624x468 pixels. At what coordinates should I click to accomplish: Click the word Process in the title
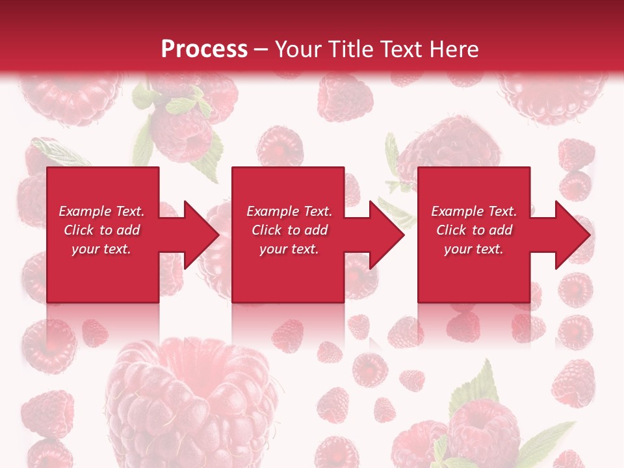pyautogui.click(x=204, y=49)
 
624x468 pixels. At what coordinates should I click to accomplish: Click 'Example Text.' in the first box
pyautogui.click(x=101, y=211)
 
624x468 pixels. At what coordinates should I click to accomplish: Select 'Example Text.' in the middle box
pyautogui.click(x=289, y=211)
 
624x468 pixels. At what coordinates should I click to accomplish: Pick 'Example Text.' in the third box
pyautogui.click(x=474, y=211)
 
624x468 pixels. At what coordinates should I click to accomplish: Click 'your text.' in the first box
pyautogui.click(x=101, y=249)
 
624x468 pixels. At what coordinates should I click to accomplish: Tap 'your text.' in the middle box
pyautogui.click(x=289, y=249)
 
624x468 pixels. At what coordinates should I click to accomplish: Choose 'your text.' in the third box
pyautogui.click(x=474, y=249)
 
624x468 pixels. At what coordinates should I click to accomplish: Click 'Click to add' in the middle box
pyautogui.click(x=289, y=230)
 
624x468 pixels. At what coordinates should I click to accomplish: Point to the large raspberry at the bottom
pyautogui.click(x=192, y=403)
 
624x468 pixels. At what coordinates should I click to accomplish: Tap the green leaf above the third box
pyautogui.click(x=391, y=153)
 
